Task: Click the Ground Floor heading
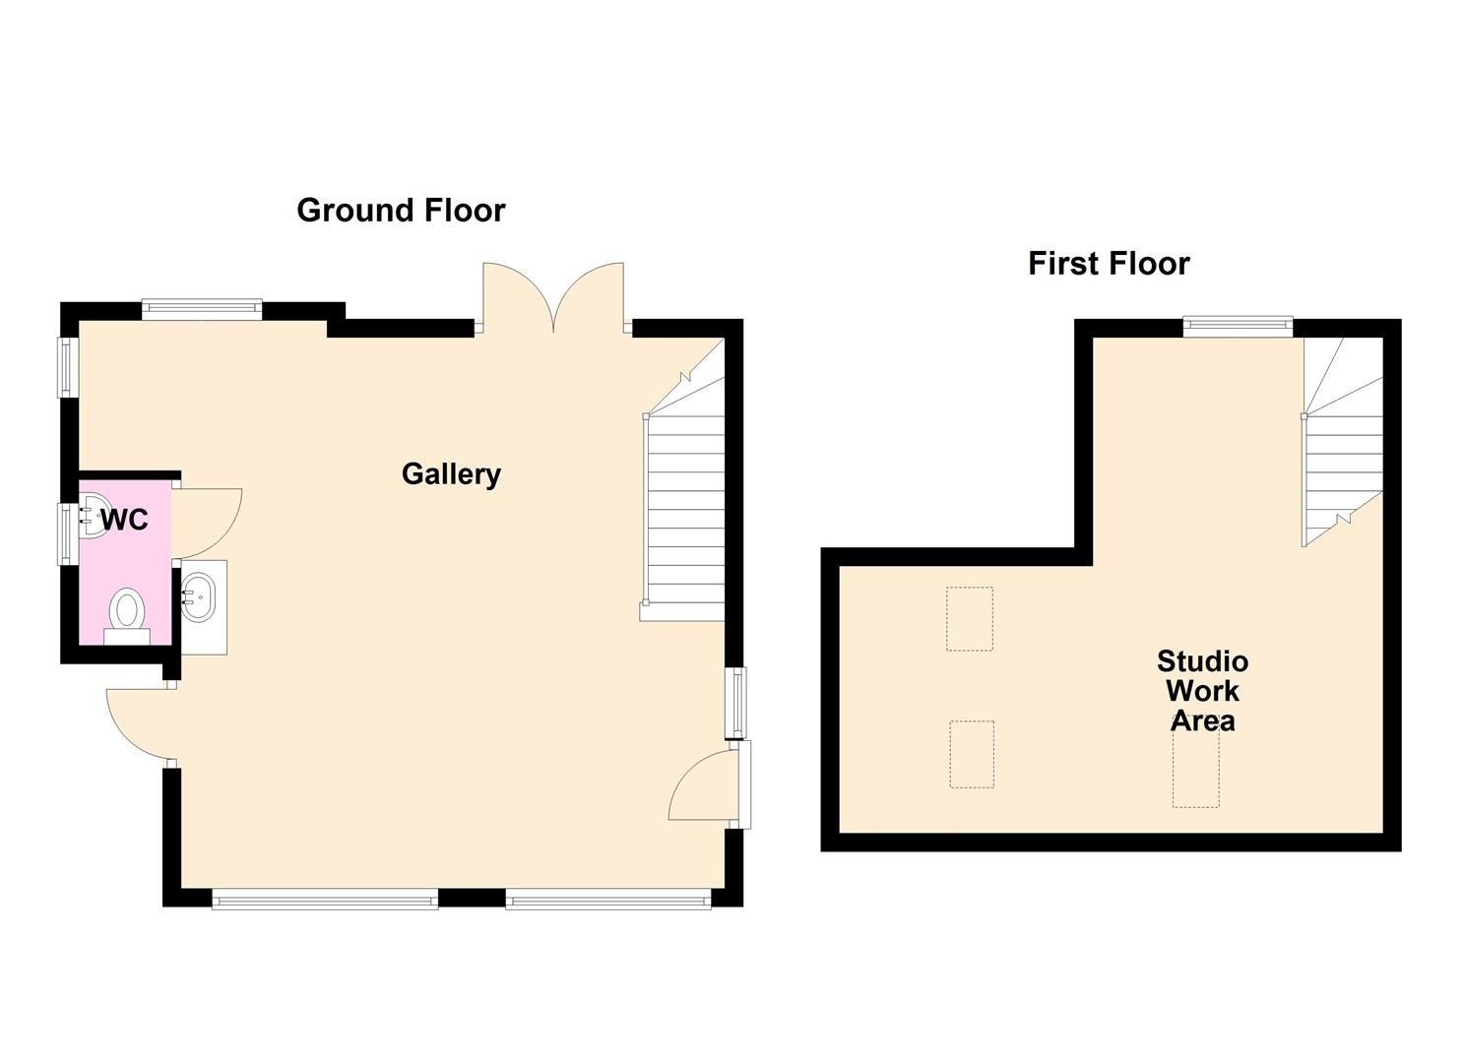pyautogui.click(x=401, y=211)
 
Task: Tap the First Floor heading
pyautogui.click(x=1109, y=264)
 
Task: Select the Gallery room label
pyautogui.click(x=451, y=474)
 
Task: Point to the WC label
pyautogui.click(x=125, y=520)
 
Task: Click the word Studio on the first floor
pyautogui.click(x=1202, y=660)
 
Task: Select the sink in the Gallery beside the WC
pyautogui.click(x=202, y=596)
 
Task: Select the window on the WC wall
pyautogui.click(x=67, y=533)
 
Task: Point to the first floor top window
pyautogui.click(x=1238, y=324)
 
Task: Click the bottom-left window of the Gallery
pyautogui.click(x=325, y=898)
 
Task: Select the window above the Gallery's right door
pyautogui.click(x=734, y=702)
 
